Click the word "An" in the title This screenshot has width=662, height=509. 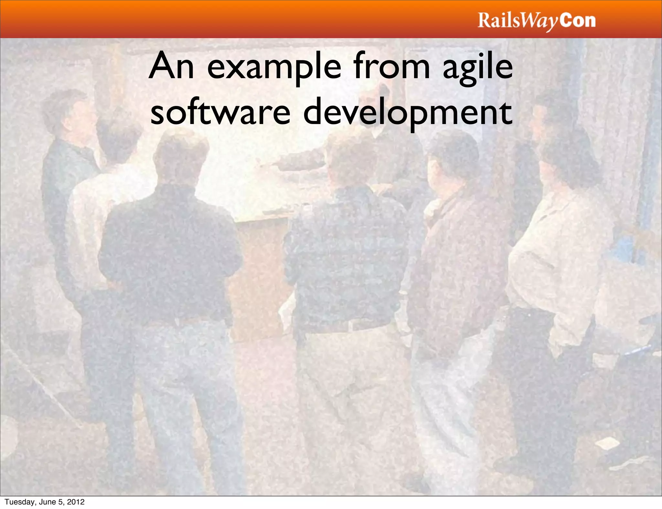click(x=171, y=67)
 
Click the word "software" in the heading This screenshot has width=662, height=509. click(x=220, y=112)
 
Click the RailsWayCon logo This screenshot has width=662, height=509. click(x=536, y=21)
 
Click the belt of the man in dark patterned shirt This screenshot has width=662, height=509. click(x=349, y=325)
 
